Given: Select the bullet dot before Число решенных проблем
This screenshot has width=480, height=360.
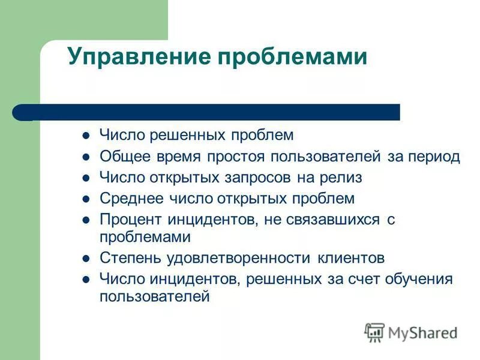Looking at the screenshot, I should [x=86, y=137].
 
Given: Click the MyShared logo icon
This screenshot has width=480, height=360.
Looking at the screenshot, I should [x=374, y=332].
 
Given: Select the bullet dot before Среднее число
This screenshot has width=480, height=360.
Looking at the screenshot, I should [x=86, y=199].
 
